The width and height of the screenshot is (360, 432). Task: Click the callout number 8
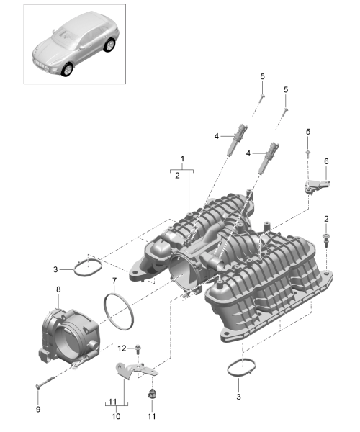[x=58, y=289]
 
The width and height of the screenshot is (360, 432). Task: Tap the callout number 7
[x=114, y=281]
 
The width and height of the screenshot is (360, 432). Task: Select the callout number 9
[x=38, y=409]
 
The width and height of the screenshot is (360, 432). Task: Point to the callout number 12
[x=122, y=348]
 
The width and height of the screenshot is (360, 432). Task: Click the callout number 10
[x=116, y=416]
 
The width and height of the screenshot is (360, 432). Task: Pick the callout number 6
[x=326, y=161]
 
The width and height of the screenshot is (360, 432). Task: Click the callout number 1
[x=182, y=158]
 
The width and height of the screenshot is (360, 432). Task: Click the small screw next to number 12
[x=138, y=348]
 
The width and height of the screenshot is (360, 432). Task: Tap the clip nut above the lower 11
[x=152, y=395]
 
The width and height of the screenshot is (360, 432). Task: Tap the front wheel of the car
[x=68, y=69]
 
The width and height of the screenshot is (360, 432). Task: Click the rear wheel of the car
[x=110, y=45]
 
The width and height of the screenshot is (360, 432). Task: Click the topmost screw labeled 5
[x=262, y=97]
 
